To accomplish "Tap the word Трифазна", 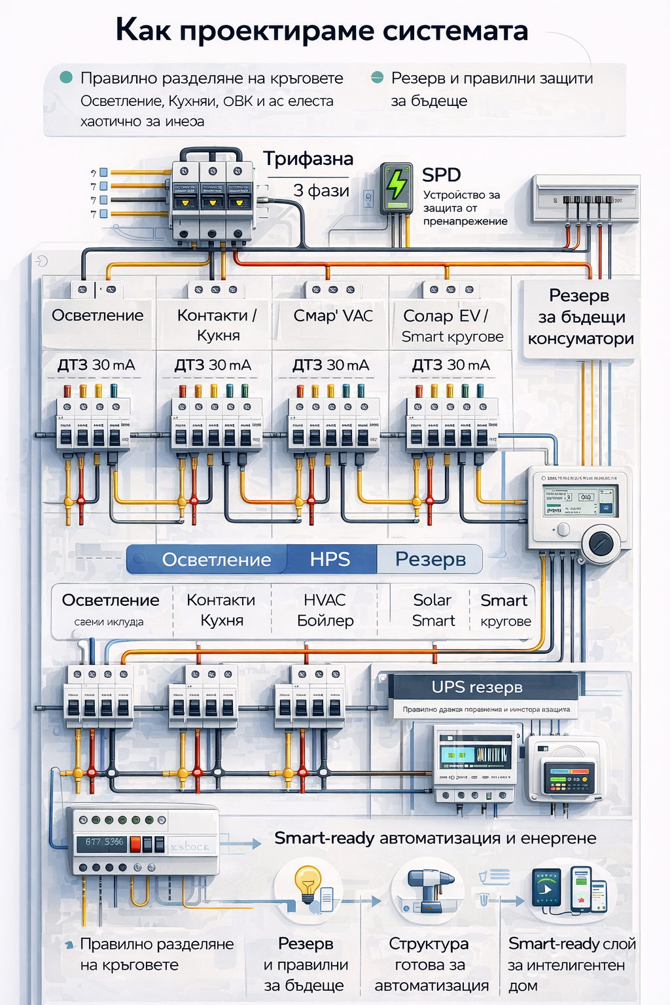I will click(x=308, y=159).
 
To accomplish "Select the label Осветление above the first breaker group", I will click(x=97, y=315).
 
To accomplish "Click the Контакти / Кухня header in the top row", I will click(x=217, y=325).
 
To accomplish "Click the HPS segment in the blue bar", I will click(x=330, y=559).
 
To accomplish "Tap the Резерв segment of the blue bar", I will click(x=431, y=559).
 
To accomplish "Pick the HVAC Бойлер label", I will click(x=325, y=610).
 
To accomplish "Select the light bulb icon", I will click(x=308, y=883).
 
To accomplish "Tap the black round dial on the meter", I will click(x=601, y=542).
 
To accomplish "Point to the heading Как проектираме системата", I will click(x=322, y=31).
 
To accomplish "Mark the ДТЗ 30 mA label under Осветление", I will click(x=96, y=365).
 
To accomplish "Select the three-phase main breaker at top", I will click(x=211, y=196).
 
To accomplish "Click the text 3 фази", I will click(x=321, y=191).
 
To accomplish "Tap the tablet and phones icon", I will click(x=571, y=890).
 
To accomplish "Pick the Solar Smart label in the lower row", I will click(x=432, y=610).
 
